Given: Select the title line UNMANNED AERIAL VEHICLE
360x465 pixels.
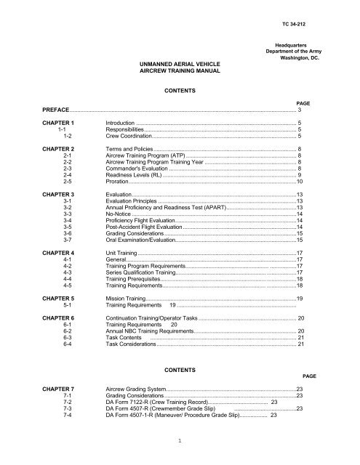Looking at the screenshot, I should [x=174, y=65].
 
